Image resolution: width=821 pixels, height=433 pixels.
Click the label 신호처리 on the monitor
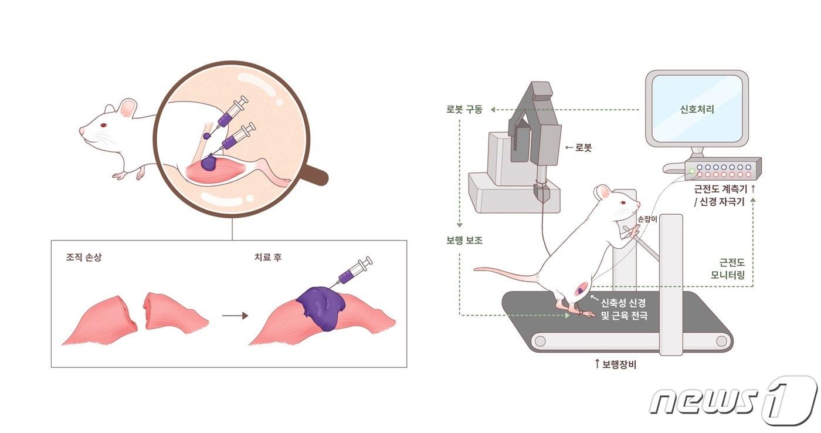(697, 109)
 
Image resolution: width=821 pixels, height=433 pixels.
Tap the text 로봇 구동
(464, 109)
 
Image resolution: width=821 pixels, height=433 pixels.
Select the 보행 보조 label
(464, 240)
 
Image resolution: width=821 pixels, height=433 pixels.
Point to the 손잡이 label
(647, 218)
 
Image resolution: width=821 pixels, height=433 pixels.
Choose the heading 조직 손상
(84, 257)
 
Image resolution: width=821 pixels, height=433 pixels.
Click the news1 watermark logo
(733, 401)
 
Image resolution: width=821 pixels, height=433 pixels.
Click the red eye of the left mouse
(104, 125)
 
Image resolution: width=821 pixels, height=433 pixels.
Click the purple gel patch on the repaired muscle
(321, 307)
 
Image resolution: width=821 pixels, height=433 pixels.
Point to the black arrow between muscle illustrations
(235, 316)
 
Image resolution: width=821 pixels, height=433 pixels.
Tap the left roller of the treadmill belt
(538, 341)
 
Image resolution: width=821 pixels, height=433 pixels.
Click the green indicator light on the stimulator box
(693, 171)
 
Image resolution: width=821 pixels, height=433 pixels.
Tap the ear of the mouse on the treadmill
(602, 192)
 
